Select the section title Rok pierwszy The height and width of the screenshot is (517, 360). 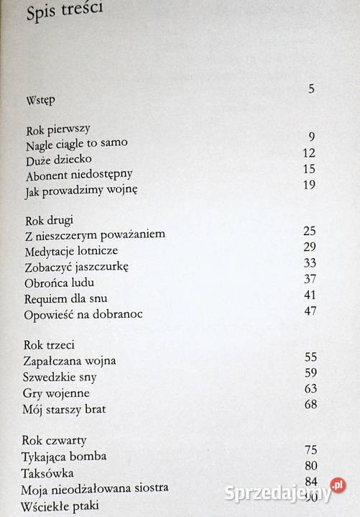pyautogui.click(x=57, y=129)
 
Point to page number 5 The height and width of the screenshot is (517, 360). pyautogui.click(x=311, y=89)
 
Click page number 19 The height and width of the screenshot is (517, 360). pyautogui.click(x=310, y=185)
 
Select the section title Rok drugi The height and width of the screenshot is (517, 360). pyautogui.click(x=51, y=219)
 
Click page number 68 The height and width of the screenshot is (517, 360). pyautogui.click(x=310, y=405)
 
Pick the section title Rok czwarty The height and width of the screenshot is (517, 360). pyautogui.click(x=55, y=440)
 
